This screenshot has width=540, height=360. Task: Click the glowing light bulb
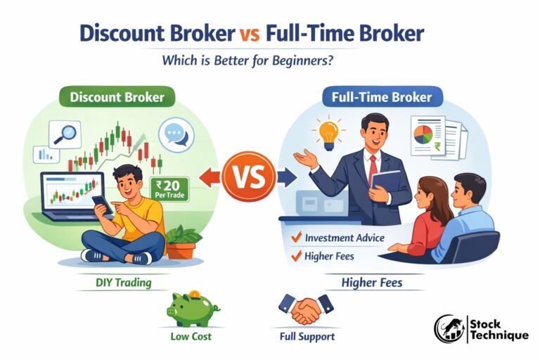[x=329, y=132]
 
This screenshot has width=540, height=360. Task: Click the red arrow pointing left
[x=207, y=177]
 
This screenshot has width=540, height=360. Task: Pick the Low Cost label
[x=190, y=336]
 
